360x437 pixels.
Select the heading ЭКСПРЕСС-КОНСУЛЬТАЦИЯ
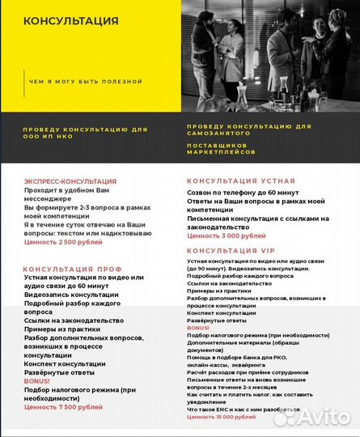pos(70,181)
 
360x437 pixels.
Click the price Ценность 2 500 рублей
pos(63,241)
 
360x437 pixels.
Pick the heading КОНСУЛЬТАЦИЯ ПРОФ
pos(73,269)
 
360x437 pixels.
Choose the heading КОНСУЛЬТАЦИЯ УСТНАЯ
pos(241,181)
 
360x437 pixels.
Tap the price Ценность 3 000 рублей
pos(226,235)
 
